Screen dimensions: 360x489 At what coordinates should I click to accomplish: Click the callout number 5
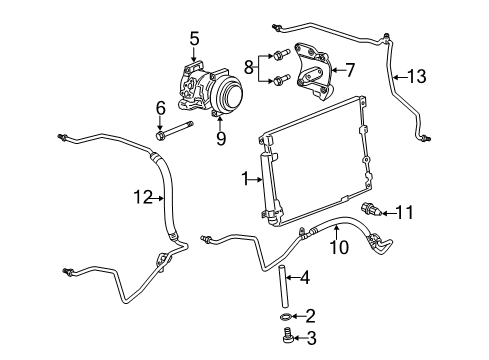194,40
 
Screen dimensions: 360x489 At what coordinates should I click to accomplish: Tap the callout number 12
143,198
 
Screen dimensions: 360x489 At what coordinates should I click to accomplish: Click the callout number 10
339,246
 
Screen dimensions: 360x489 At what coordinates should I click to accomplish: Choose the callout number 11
432,212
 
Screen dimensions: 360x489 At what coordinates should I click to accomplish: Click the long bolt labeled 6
180,130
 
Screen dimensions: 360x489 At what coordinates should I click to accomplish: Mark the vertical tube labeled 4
283,279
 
